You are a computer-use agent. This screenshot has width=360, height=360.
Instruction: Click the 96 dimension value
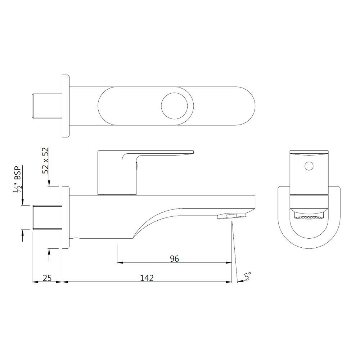pyautogui.click(x=174, y=258)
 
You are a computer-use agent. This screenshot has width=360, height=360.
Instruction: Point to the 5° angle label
pyautogui.click(x=248, y=276)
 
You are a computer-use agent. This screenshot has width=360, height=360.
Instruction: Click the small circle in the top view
pyautogui.click(x=175, y=107)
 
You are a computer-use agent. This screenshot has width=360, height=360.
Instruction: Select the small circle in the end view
pyautogui.click(x=309, y=166)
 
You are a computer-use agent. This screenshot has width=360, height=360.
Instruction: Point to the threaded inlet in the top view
pyautogui.click(x=46, y=107)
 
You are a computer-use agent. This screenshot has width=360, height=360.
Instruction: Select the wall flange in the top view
pyautogui.click(x=65, y=107)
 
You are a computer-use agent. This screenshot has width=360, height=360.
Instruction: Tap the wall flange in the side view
pyautogui.click(x=65, y=217)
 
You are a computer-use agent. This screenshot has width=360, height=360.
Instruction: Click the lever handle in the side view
pyautogui.click(x=158, y=154)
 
